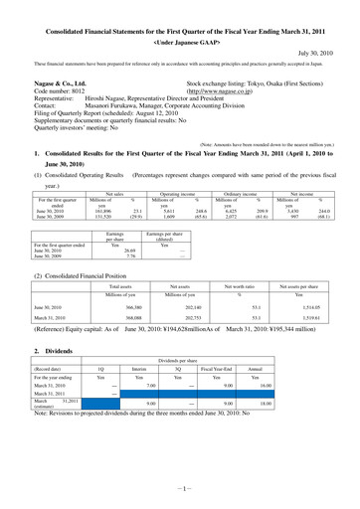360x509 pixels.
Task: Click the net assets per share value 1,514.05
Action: (x=309, y=280)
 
